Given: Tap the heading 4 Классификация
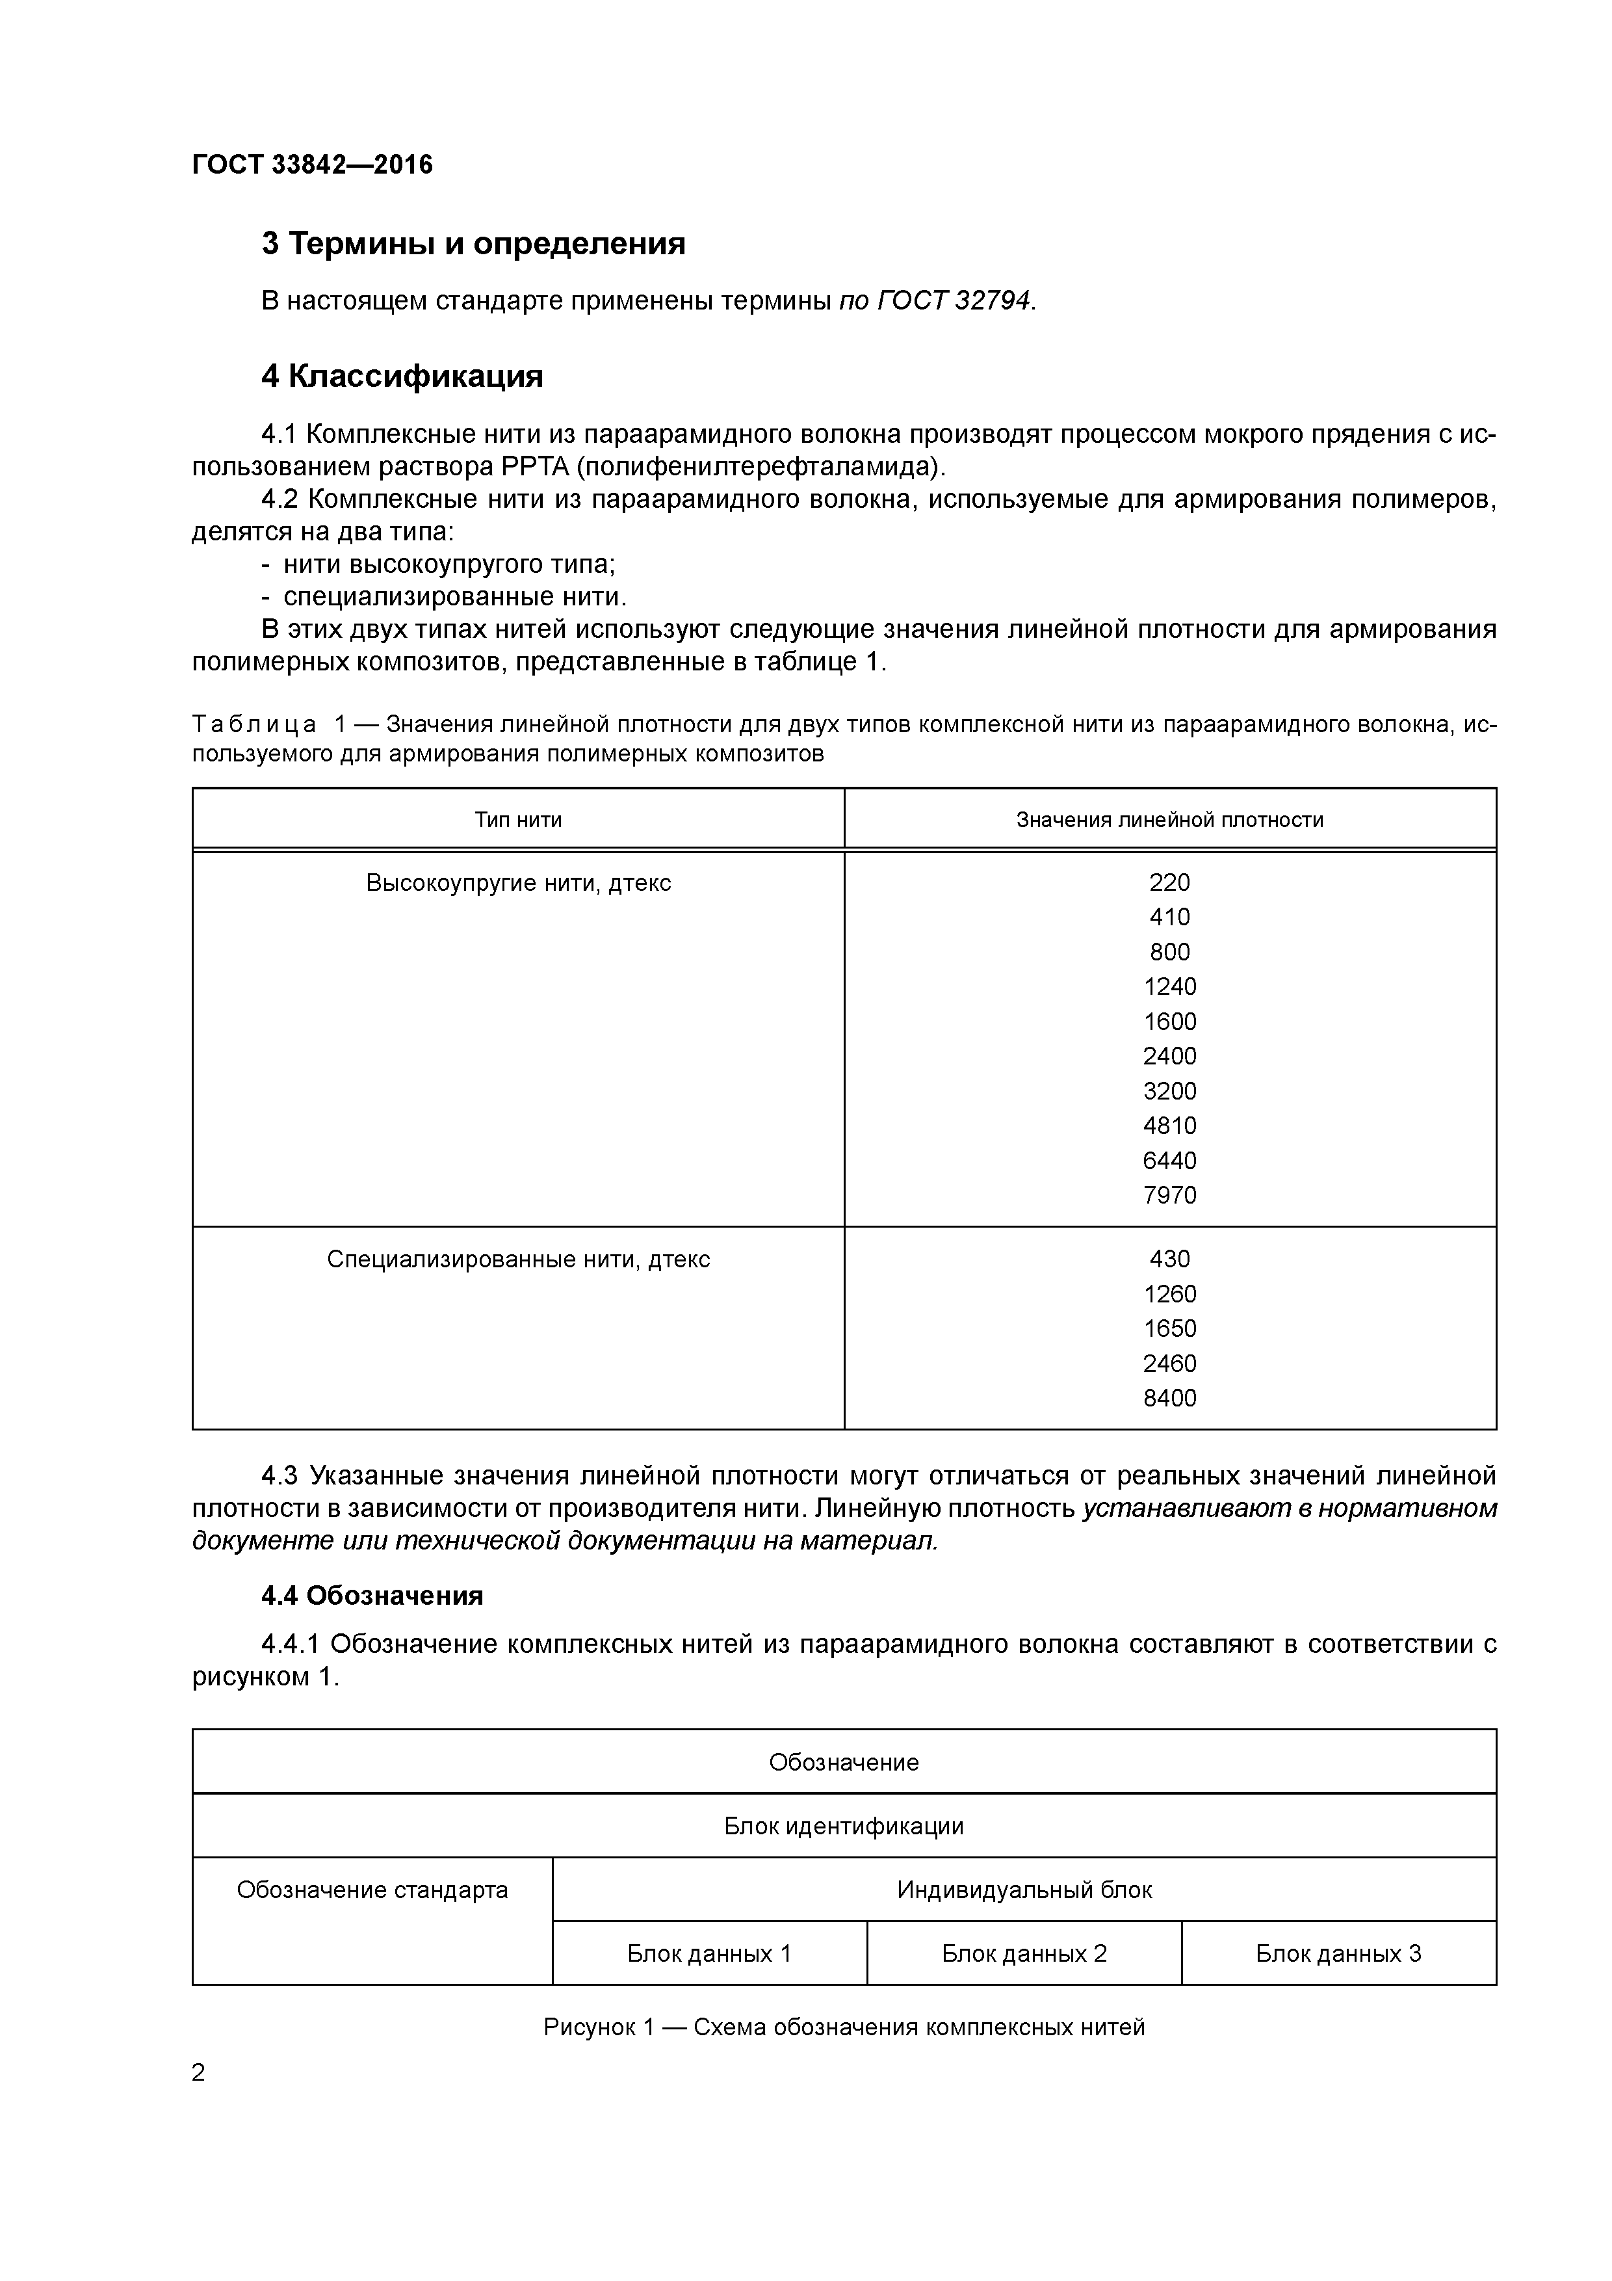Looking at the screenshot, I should pyautogui.click(x=402, y=376).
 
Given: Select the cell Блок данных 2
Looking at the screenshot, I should pyautogui.click(x=1024, y=1953).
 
